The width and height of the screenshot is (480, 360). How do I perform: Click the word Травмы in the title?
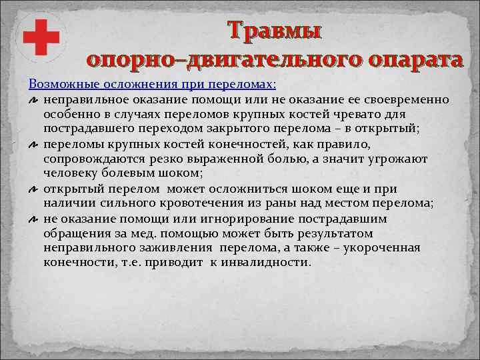click(x=274, y=31)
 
